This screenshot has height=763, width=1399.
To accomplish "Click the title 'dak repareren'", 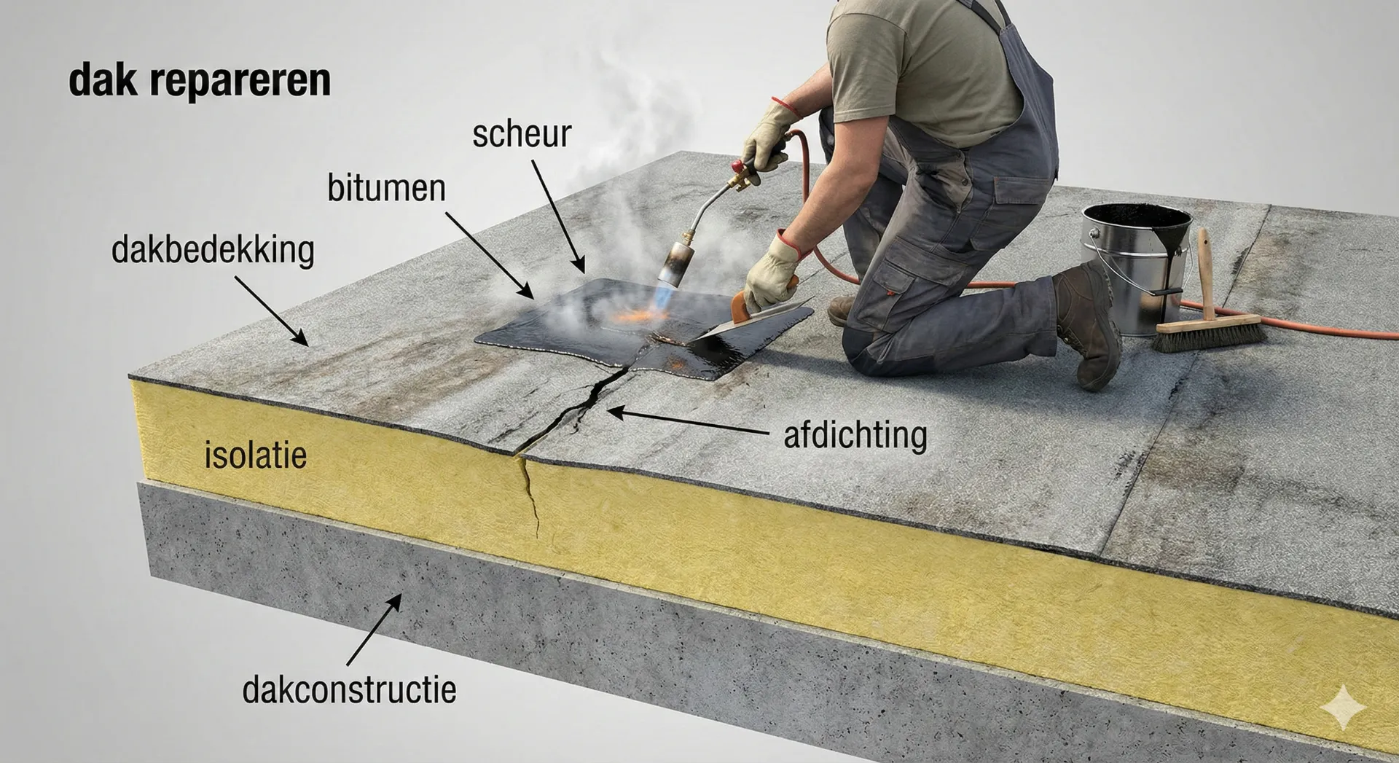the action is (200, 81).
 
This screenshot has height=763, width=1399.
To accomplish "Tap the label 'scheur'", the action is (522, 134).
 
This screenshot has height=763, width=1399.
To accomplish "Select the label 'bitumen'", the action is (386, 188).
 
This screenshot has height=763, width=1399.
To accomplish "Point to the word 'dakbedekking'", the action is (213, 251).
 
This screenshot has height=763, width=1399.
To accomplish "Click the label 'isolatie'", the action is (255, 455).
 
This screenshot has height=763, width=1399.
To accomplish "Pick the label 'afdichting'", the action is (855, 436).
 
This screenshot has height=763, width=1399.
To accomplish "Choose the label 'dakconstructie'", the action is (350, 689).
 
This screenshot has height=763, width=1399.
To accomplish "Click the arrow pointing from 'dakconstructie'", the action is (374, 630).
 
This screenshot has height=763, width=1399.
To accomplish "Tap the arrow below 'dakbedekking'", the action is (271, 310).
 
